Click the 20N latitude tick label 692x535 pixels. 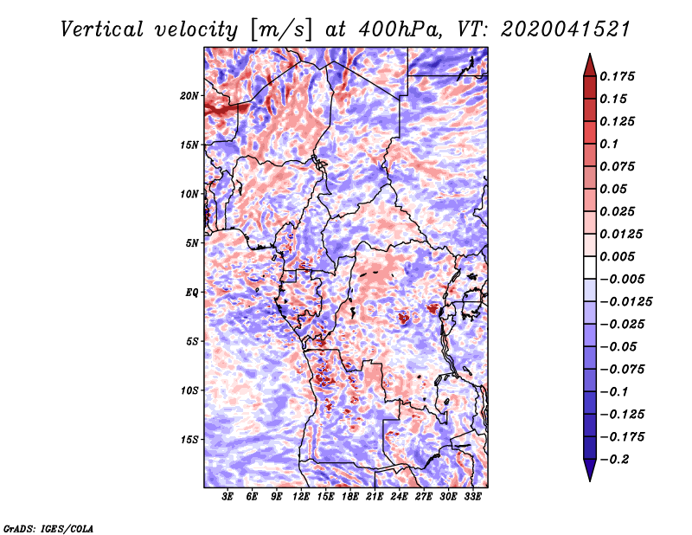(189, 95)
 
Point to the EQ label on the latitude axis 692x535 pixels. (192, 293)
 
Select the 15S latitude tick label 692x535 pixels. (189, 440)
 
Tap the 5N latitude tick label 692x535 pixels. (192, 243)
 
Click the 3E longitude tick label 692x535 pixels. (227, 496)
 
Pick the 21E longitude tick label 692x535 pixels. (375, 496)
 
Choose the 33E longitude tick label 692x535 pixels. (472, 496)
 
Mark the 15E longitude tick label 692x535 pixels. (325, 496)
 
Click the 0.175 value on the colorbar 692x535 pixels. (617, 76)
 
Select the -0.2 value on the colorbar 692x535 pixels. (614, 460)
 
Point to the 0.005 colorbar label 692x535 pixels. (617, 256)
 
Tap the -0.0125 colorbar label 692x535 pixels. (625, 302)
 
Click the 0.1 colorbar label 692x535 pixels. (609, 144)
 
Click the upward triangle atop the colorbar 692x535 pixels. (590, 65)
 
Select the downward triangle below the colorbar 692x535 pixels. (590, 470)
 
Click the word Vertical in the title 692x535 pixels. (101, 29)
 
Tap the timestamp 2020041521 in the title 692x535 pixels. (566, 29)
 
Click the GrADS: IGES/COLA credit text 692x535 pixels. (48, 528)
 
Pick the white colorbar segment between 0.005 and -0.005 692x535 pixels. (590, 267)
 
